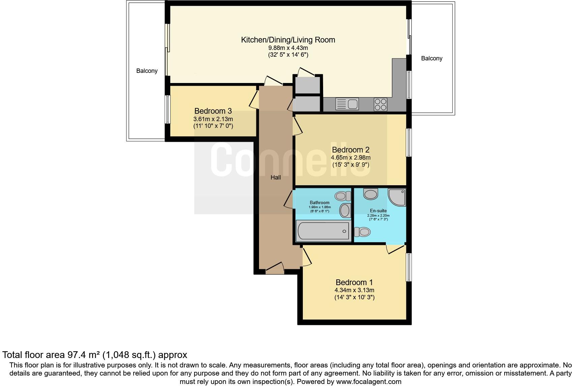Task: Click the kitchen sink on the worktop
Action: (347, 104)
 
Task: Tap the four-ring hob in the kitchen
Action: (380, 105)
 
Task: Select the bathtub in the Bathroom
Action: (323, 231)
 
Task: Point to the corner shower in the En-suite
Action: (397, 197)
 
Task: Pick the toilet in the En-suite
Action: (362, 232)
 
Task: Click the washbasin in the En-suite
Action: (371, 194)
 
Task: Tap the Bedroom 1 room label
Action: (354, 282)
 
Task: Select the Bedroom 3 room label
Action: (213, 111)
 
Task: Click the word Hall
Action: (276, 177)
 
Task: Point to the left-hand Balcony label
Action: (147, 71)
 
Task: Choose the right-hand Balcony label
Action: (432, 58)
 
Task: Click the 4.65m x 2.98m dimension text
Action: (351, 158)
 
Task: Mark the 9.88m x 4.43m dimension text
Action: (288, 48)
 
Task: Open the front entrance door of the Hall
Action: (275, 268)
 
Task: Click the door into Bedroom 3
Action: (254, 100)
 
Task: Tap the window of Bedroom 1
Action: (409, 267)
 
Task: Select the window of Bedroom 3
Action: (168, 109)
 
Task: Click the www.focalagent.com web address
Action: (369, 382)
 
